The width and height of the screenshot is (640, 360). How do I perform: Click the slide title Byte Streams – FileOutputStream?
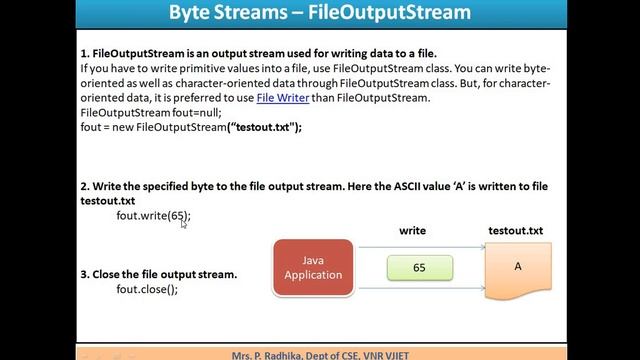coord(319,14)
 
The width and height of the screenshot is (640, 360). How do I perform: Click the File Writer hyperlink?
coord(281,98)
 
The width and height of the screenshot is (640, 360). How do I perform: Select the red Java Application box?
coord(313,267)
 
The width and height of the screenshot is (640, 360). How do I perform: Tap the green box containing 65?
coord(420,268)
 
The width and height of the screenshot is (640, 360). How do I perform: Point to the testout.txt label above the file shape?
coord(515,231)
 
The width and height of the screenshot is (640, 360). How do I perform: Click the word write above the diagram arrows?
coord(412,231)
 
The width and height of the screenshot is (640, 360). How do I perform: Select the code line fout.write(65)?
coord(153,215)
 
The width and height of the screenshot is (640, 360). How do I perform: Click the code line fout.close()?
coord(147,289)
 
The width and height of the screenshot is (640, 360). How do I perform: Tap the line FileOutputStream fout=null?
coord(150,113)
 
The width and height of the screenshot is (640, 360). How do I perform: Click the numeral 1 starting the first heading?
coord(83,52)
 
